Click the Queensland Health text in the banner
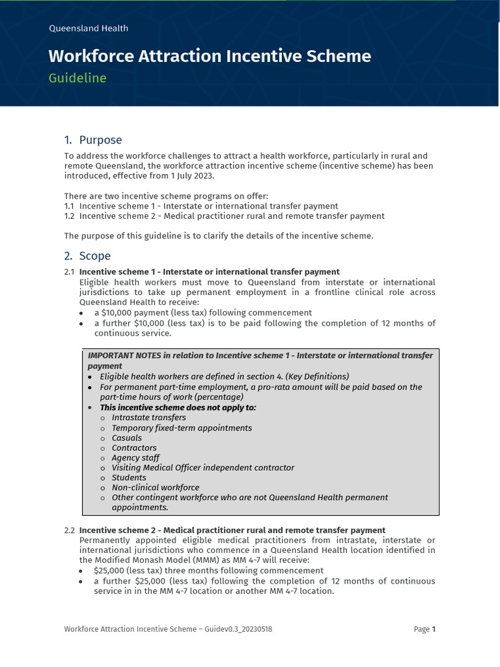coord(89,28)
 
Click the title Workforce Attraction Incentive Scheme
coord(210,56)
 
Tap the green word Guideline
coord(77,78)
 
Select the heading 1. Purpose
coord(93,140)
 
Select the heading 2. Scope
coord(87,256)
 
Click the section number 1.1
coord(70,206)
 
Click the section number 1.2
coord(70,216)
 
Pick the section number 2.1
coord(70,272)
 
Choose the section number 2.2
coord(70,530)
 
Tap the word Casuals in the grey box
coord(126,438)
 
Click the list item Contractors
coord(134,447)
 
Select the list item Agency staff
coord(135,458)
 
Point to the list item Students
coord(129,477)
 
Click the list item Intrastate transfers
coord(148,418)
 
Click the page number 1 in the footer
coord(434,629)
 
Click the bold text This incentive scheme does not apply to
coord(178,407)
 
